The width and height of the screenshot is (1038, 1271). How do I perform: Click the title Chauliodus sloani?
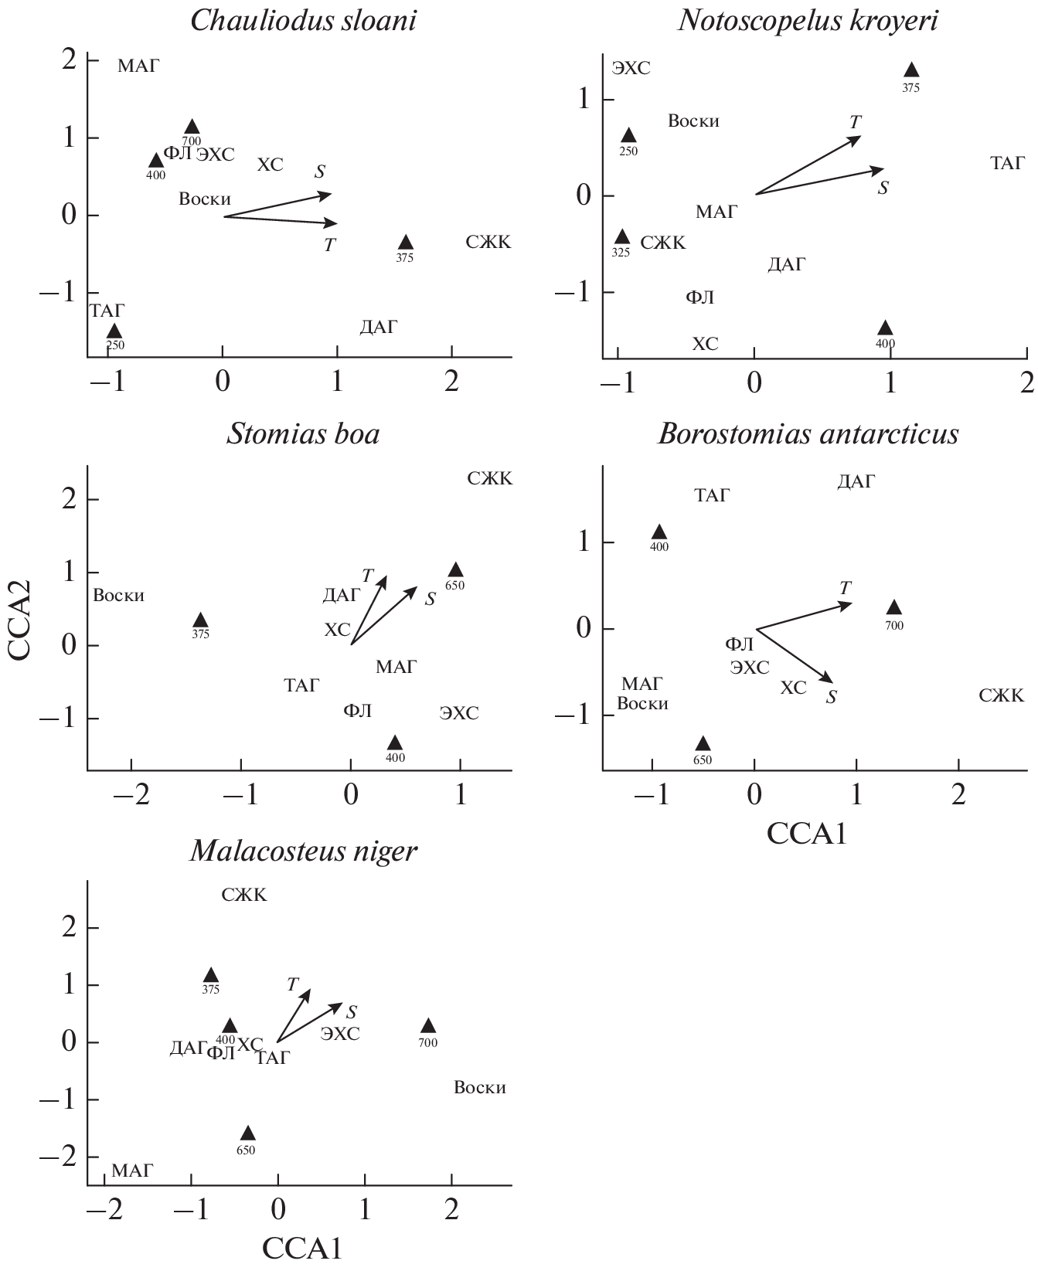pos(303,21)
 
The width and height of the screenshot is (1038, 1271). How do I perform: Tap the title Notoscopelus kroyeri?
pos(808,21)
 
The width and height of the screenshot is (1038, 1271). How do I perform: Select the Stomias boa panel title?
pos(303,434)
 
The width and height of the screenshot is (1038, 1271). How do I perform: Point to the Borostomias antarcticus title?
pos(808,434)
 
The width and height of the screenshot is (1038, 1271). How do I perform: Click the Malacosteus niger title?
pos(303,851)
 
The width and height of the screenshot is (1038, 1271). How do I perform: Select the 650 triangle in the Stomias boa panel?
pos(455,570)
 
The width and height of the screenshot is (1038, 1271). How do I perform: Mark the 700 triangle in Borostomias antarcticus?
pos(893,608)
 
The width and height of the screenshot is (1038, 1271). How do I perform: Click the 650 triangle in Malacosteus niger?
pos(247,1133)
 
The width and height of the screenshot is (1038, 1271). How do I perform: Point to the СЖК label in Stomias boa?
pos(489,479)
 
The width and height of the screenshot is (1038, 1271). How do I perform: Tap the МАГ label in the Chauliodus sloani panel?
pos(138,66)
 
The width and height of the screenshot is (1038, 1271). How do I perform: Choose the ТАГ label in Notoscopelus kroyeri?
pos(1007,164)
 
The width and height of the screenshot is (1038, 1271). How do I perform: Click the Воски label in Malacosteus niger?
pos(479,1088)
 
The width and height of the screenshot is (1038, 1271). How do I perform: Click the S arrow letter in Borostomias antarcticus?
pos(832,697)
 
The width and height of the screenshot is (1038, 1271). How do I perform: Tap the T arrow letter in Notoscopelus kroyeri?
pos(855,122)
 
